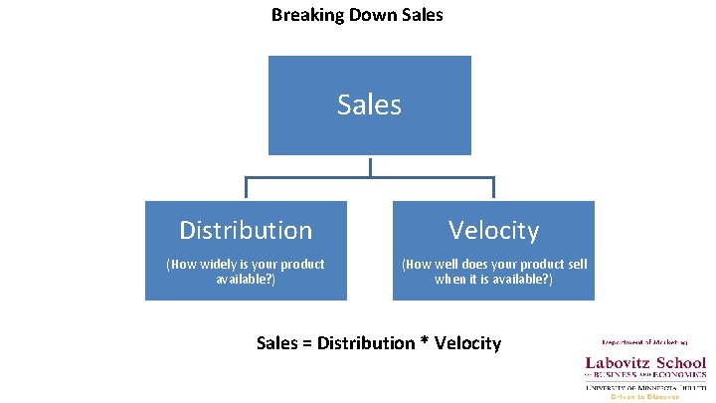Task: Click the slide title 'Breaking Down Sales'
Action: click(x=357, y=15)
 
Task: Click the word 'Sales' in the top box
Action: click(x=369, y=104)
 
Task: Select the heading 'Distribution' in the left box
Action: click(x=246, y=231)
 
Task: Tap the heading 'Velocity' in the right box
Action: click(x=493, y=231)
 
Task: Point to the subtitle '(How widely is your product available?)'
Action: click(x=246, y=272)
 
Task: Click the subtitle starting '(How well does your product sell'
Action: click(x=493, y=272)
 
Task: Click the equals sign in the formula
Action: click(x=307, y=343)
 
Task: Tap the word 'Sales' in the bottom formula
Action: click(x=276, y=343)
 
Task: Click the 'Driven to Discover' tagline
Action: click(x=644, y=396)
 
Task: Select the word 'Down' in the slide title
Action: click(x=365, y=15)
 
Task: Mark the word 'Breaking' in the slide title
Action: click(x=303, y=15)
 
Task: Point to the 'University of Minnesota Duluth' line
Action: click(x=645, y=387)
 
